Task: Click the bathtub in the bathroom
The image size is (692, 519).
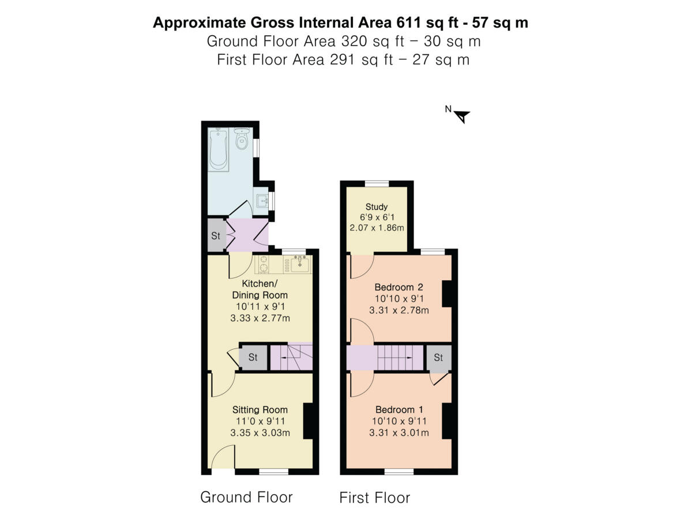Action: (x=219, y=149)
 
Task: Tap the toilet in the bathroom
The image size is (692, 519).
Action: (x=242, y=139)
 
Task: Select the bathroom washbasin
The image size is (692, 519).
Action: (x=262, y=201)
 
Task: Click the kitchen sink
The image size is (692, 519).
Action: (x=300, y=265)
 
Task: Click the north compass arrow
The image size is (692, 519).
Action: (x=461, y=116)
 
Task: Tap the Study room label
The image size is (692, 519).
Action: (x=377, y=206)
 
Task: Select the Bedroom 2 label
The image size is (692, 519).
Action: (x=399, y=287)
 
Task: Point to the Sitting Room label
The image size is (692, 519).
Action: (x=260, y=409)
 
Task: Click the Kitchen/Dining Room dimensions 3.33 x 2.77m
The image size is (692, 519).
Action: (x=259, y=317)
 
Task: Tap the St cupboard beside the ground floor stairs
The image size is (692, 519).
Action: (x=253, y=358)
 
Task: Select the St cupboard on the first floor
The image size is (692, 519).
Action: (x=439, y=358)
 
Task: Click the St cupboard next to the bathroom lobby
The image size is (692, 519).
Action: (x=216, y=235)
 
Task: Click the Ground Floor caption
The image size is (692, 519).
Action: (x=246, y=497)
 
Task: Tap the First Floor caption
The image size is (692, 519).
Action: (x=374, y=498)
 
